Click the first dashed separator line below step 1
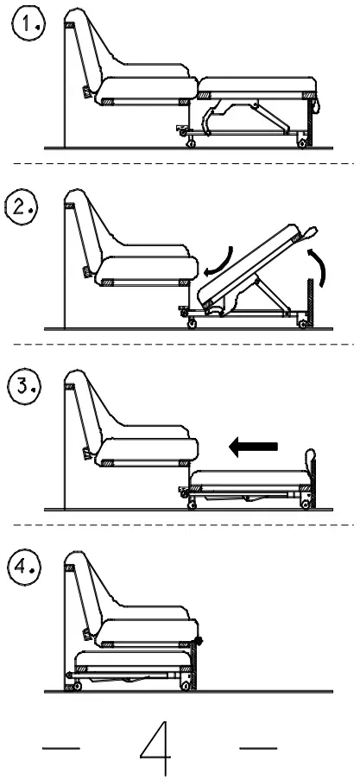pyautogui.click(x=180, y=163)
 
